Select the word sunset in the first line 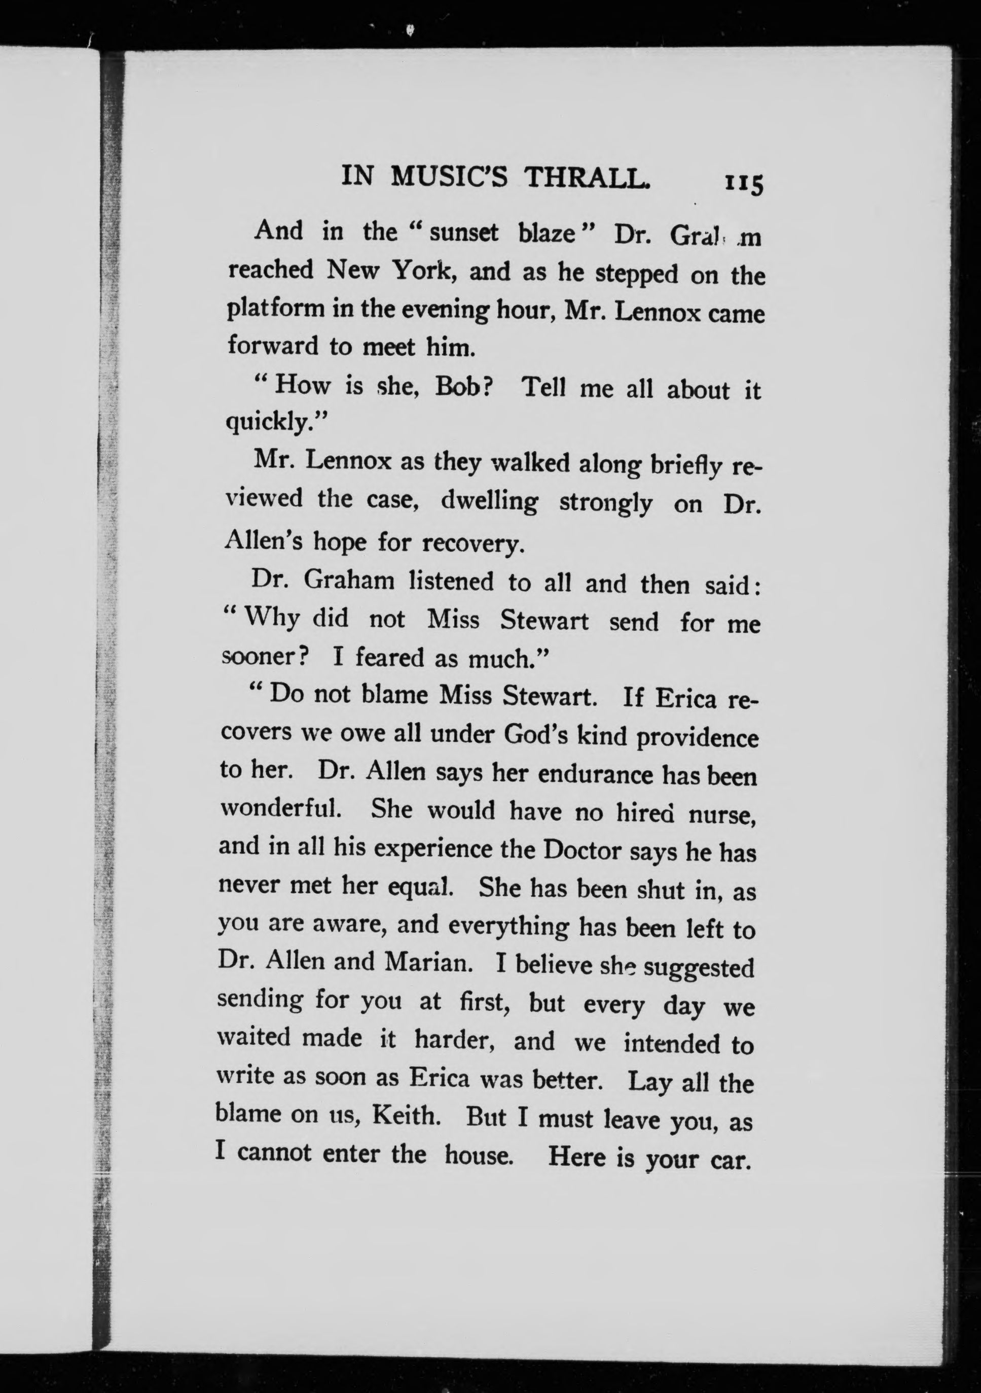coord(464,233)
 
